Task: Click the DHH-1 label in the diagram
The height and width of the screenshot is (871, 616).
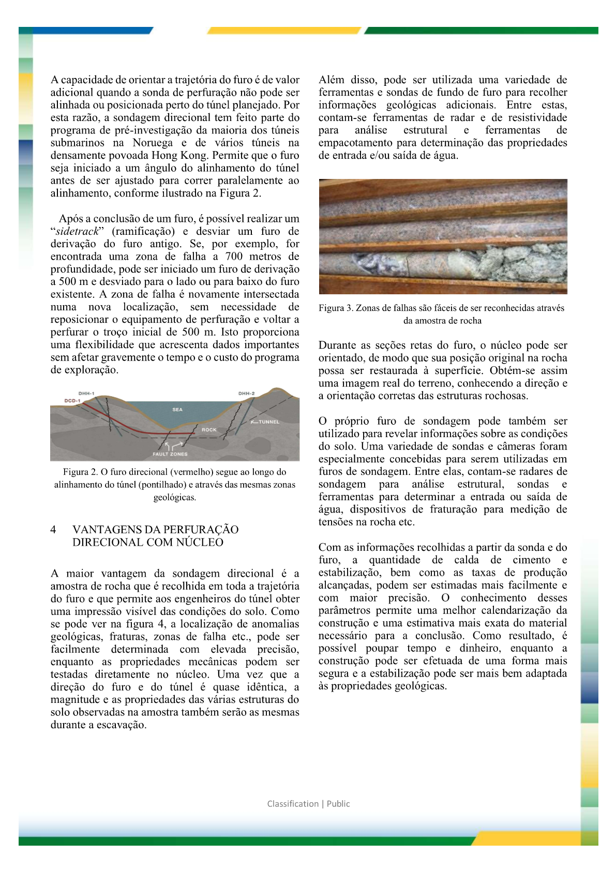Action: click(86, 394)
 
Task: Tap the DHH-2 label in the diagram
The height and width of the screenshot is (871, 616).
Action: click(246, 394)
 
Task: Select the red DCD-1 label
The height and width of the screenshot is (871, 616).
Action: click(72, 401)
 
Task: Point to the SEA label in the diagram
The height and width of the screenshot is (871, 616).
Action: click(177, 410)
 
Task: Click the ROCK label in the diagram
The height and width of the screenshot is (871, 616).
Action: click(209, 430)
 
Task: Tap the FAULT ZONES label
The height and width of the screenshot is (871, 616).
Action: click(170, 454)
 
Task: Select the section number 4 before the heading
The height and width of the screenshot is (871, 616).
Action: click(53, 530)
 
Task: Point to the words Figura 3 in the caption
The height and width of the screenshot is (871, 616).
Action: click(336, 308)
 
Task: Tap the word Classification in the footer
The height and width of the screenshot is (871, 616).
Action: click(293, 804)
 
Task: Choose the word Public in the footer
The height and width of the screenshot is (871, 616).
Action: click(338, 804)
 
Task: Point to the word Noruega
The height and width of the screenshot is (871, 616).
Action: click(153, 143)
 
